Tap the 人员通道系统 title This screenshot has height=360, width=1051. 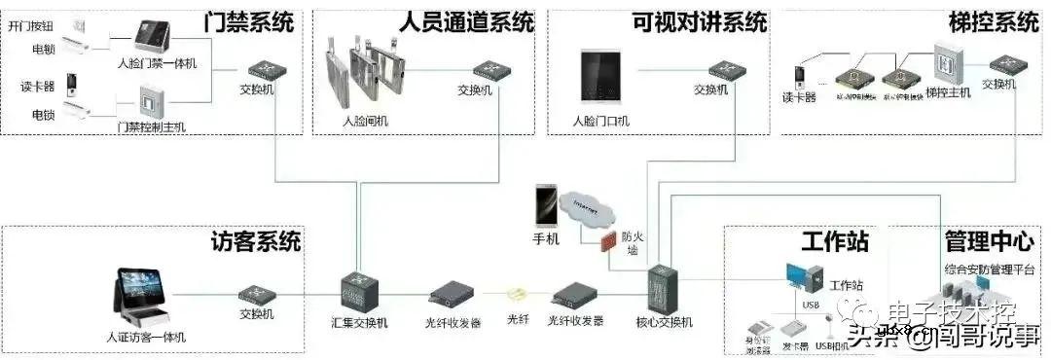467,20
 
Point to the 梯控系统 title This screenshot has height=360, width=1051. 994,20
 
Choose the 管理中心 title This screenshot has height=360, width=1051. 989,240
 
